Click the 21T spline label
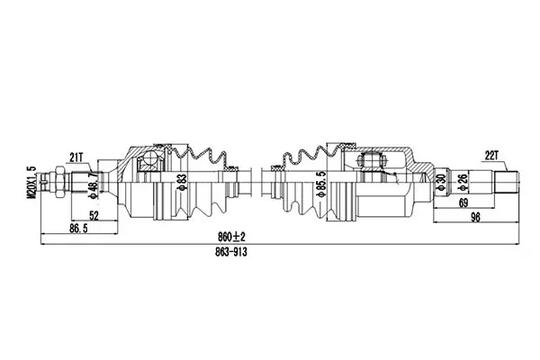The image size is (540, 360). tap(76, 157)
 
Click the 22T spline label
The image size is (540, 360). tap(491, 156)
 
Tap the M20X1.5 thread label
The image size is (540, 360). tap(31, 182)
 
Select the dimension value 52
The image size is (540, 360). tap(94, 216)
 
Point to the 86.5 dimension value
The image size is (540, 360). tap(78, 229)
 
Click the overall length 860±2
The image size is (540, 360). tap(231, 237)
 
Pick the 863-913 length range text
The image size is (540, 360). tap(231, 252)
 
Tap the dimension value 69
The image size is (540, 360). tap(463, 203)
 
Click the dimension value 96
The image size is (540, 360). tap(475, 218)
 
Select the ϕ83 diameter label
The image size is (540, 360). tap(182, 182)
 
